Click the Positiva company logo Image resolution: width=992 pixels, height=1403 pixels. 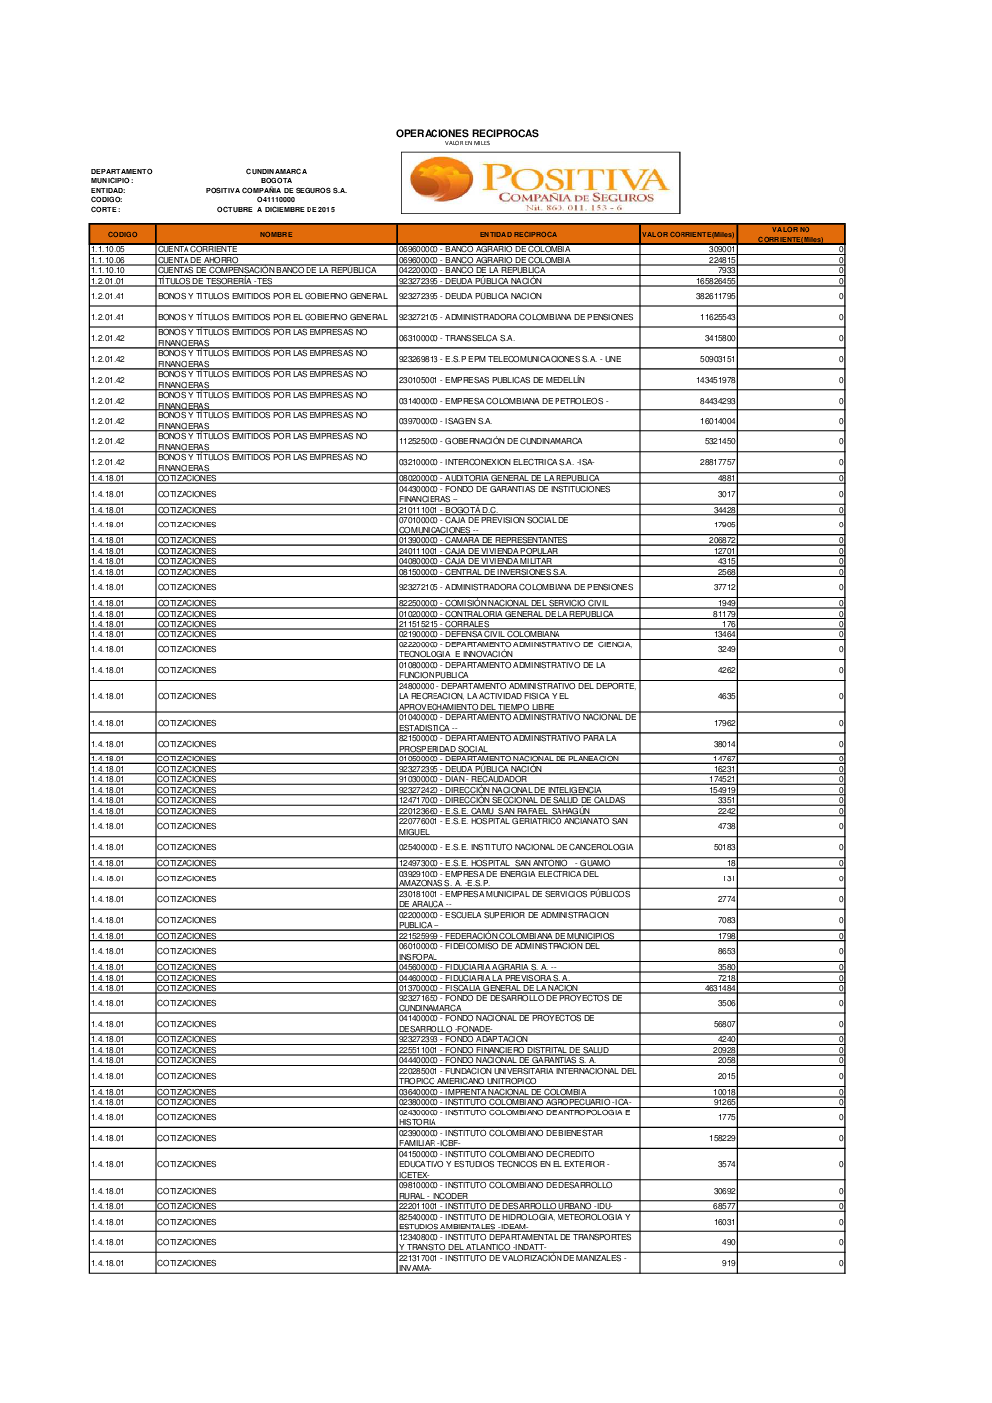pos(540,182)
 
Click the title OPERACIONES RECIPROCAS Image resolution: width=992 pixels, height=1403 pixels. pos(466,133)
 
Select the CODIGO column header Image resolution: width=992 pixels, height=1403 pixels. pos(122,235)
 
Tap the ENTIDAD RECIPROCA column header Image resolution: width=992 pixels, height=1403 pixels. pos(518,235)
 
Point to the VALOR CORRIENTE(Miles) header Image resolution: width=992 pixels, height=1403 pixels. pos(687,235)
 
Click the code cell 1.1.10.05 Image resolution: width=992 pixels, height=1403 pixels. pos(108,249)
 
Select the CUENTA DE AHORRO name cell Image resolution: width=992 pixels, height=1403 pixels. pos(198,260)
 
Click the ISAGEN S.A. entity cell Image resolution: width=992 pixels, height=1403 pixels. pos(445,421)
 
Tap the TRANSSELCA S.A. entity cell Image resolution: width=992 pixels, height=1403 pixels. pos(456,338)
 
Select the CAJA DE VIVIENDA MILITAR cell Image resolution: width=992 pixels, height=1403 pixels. pos(474,561)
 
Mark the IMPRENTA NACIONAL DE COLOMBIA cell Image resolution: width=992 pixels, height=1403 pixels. pos(492,1092)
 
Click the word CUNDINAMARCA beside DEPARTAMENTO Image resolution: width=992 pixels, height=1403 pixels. pos(276,172)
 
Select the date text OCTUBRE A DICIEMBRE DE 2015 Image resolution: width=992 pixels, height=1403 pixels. pos(276,210)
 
